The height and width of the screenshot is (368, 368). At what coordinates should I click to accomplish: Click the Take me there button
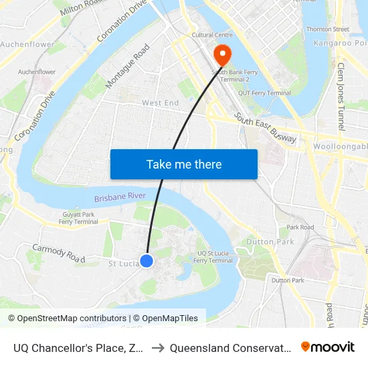pos(184,164)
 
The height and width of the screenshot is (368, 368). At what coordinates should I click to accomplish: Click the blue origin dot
pos(147,261)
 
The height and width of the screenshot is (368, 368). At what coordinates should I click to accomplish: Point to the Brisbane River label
pos(120,197)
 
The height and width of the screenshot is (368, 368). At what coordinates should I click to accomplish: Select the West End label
pos(161,103)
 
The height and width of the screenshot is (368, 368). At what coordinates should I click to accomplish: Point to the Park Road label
pos(300,227)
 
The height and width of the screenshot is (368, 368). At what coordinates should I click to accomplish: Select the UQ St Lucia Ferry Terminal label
pos(215,256)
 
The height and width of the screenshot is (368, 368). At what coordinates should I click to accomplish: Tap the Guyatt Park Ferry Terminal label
pos(79,217)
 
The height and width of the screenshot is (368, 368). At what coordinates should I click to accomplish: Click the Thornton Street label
pos(327,29)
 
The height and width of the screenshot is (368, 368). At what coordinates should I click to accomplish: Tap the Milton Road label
pos(83,8)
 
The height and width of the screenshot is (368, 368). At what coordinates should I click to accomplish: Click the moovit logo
pos(328,347)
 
